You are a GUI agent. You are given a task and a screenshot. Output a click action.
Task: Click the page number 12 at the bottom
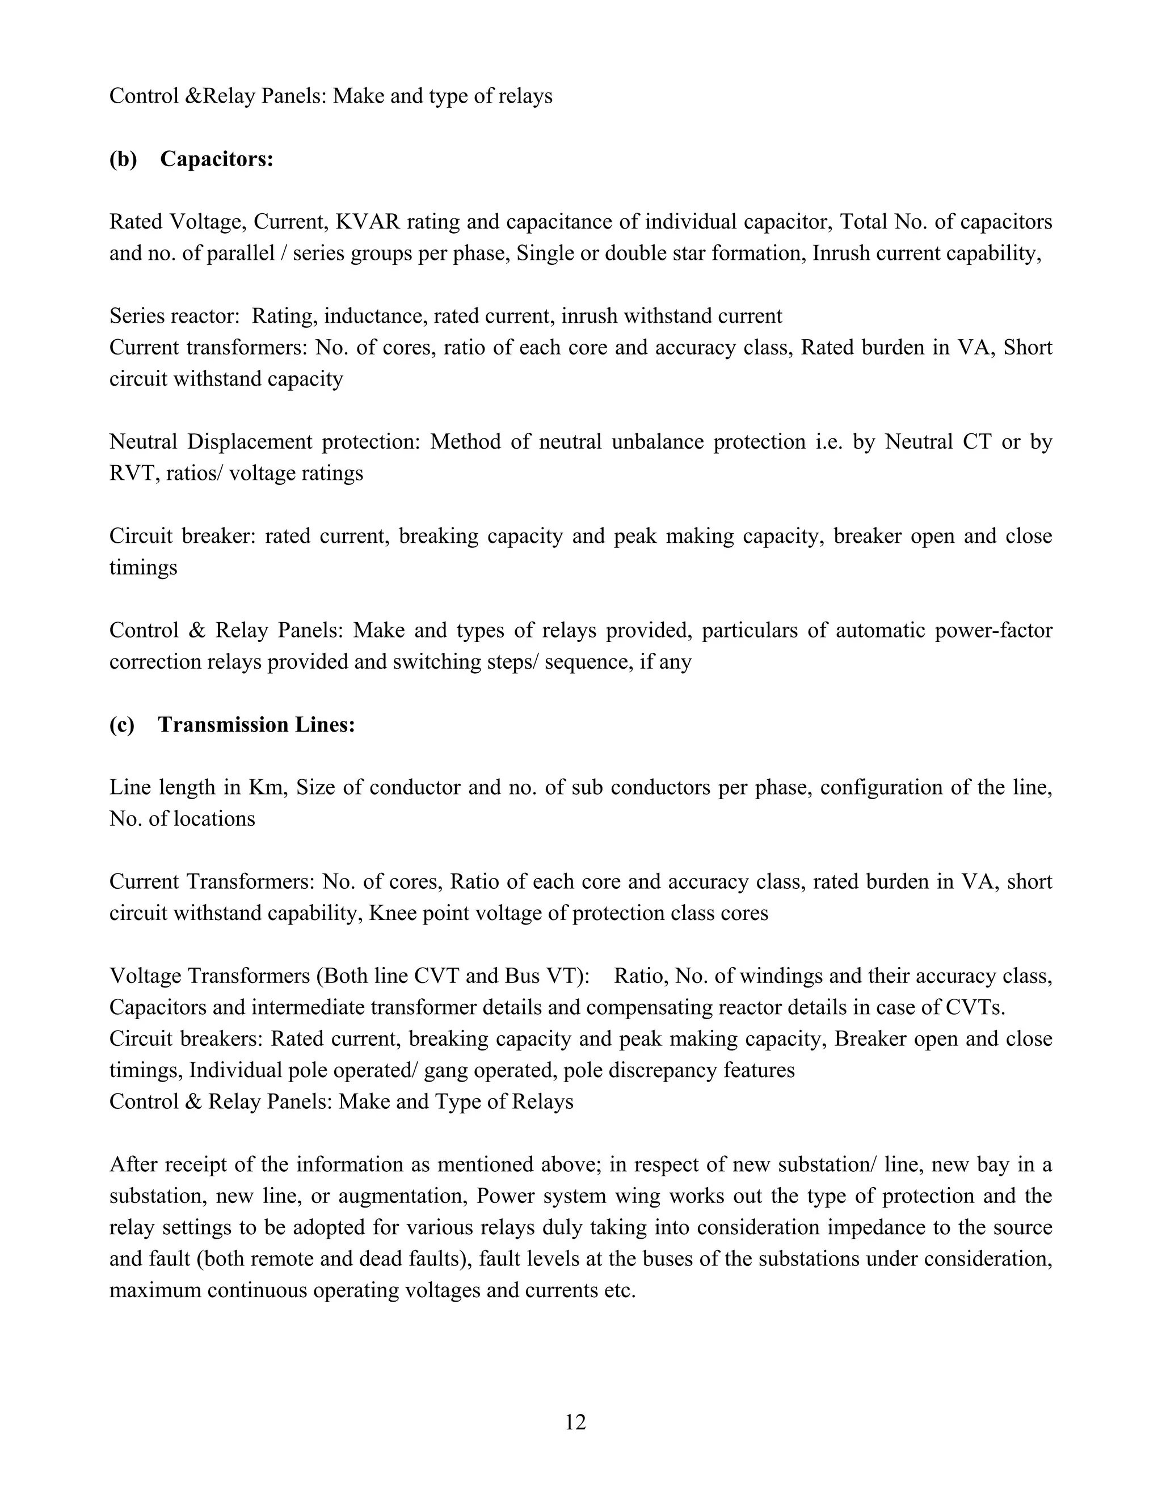pos(575,1422)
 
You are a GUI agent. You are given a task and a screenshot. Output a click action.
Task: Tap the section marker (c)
pos(122,725)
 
